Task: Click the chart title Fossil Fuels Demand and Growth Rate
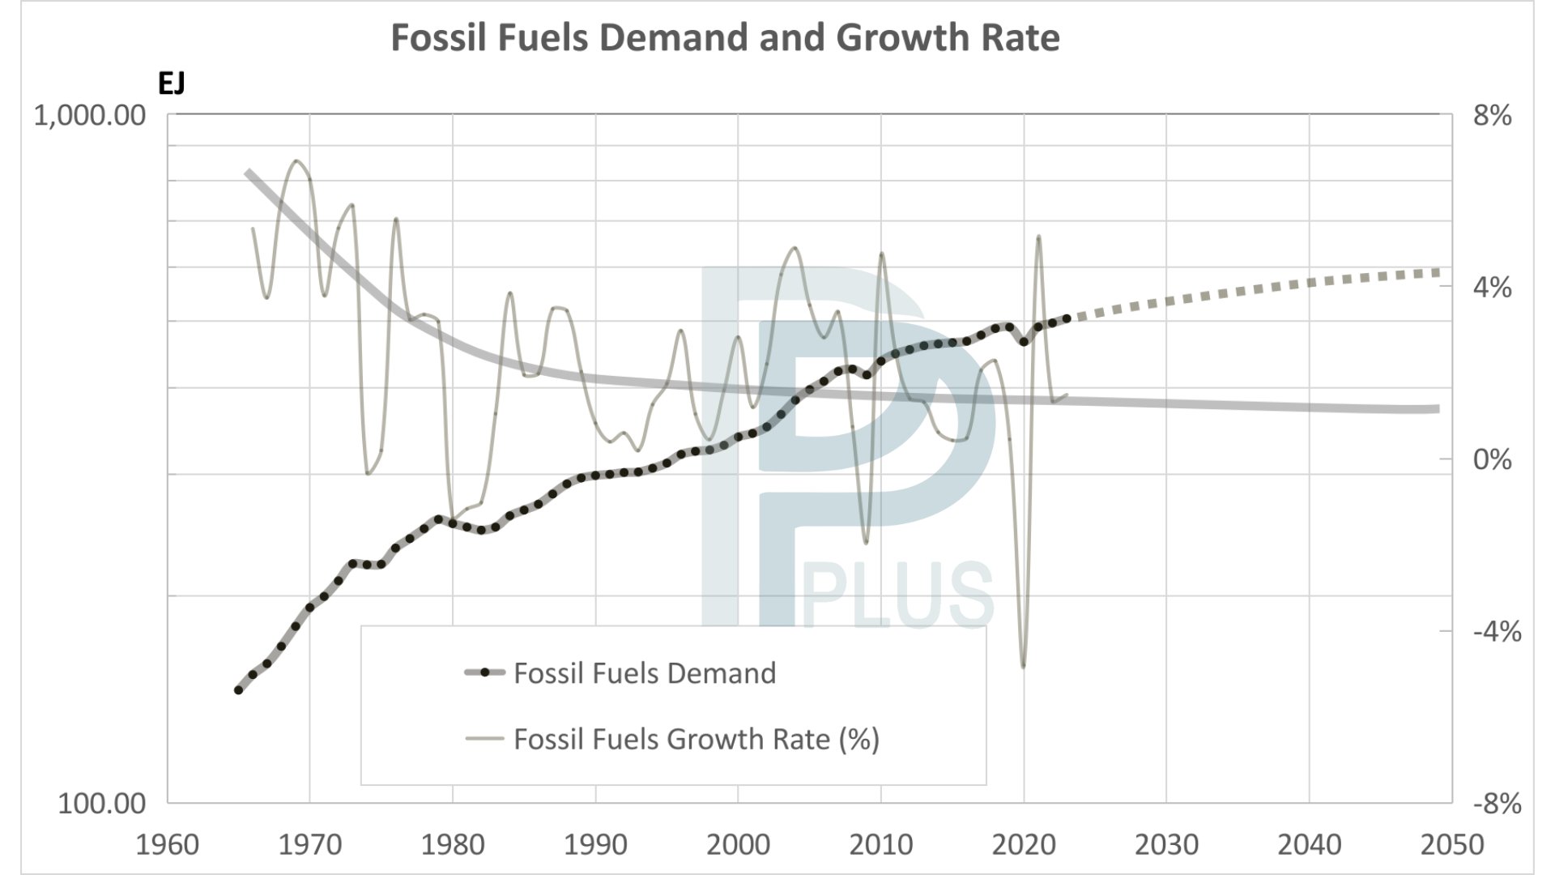click(725, 38)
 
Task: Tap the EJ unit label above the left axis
click(171, 83)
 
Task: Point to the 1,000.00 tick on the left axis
click(89, 116)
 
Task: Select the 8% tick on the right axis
click(1492, 116)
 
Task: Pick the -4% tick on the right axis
click(1496, 631)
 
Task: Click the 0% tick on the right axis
click(1492, 459)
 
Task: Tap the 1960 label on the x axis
click(167, 845)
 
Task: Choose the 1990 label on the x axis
click(595, 845)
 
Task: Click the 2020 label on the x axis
click(1024, 845)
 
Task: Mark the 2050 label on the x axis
click(1451, 845)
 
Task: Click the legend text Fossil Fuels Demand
click(645, 673)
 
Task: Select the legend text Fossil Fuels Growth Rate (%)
click(697, 739)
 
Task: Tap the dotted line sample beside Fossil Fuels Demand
click(485, 672)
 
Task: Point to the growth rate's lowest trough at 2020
click(1024, 666)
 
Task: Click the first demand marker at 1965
click(239, 690)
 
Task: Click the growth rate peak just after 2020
click(1038, 237)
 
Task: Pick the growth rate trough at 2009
click(866, 542)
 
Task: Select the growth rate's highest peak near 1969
click(298, 160)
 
